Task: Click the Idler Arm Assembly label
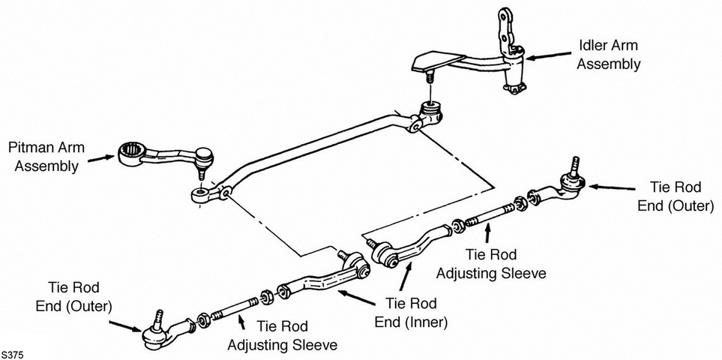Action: [x=608, y=54]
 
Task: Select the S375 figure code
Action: [x=12, y=355]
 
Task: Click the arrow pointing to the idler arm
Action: [x=548, y=56]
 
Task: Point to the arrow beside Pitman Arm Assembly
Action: [x=101, y=158]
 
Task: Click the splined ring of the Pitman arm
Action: [x=132, y=153]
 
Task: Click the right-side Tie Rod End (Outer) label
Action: [x=676, y=196]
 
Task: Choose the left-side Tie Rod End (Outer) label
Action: [x=73, y=296]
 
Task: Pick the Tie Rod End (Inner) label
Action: [x=411, y=313]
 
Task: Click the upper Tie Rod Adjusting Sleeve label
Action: [x=491, y=264]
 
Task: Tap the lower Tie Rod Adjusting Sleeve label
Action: [x=282, y=335]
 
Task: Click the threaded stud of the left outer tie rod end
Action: [x=159, y=318]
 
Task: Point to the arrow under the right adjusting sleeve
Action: [x=487, y=233]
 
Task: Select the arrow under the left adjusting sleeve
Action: [x=241, y=321]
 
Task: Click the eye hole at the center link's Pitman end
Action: [x=201, y=191]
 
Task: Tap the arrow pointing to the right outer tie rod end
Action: [x=612, y=187]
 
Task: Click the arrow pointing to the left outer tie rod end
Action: [x=126, y=326]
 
